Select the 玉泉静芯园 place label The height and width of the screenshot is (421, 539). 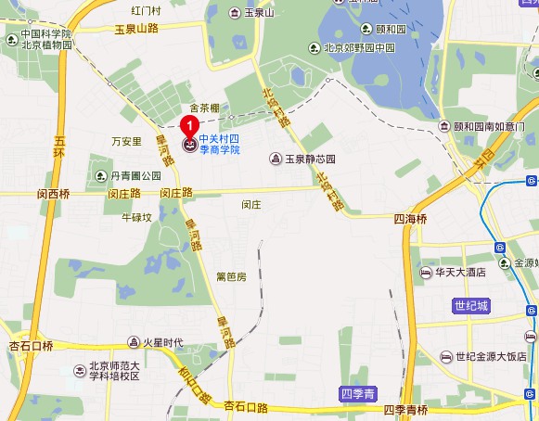(x=308, y=159)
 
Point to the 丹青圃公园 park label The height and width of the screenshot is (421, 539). (x=135, y=175)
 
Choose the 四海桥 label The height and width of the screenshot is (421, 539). (x=409, y=219)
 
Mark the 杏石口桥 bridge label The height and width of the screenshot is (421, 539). (x=31, y=345)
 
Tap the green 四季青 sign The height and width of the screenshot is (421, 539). (x=357, y=395)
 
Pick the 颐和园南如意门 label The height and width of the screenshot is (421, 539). (x=488, y=126)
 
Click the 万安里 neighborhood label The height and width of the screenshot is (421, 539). (x=125, y=142)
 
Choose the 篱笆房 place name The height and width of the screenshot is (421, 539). (x=231, y=276)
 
